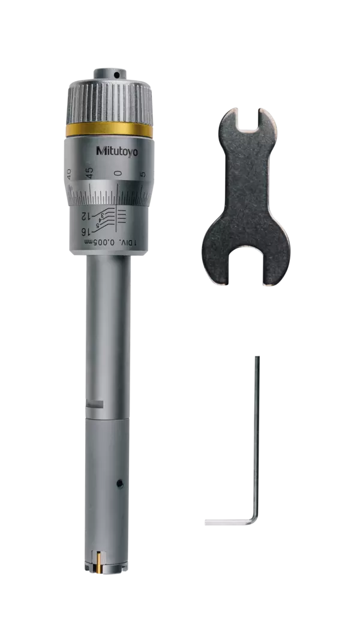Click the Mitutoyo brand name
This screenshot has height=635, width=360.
click(x=116, y=151)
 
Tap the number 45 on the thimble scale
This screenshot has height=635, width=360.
click(x=89, y=173)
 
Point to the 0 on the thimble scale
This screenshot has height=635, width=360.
click(x=119, y=173)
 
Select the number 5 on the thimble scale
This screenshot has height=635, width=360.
click(x=142, y=175)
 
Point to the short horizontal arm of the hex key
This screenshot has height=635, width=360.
click(x=228, y=522)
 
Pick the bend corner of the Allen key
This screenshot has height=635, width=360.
click(x=256, y=521)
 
